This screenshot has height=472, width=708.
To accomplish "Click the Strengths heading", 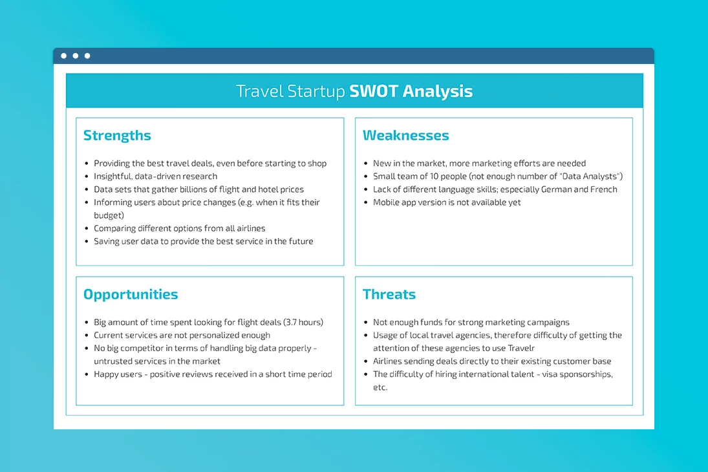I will pos(117,136).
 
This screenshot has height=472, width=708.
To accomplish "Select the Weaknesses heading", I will pos(405,136).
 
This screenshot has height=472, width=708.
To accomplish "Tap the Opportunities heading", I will pos(131,295).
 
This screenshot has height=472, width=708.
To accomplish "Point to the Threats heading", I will pos(389,295).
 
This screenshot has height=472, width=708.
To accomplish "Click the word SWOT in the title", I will pos(374,91).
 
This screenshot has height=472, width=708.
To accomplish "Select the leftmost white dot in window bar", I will pos(63,56).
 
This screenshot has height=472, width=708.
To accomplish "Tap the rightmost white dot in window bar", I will pos(87,56).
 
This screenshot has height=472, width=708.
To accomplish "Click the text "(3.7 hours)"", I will pos(303,322).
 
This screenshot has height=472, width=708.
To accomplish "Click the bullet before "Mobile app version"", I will pos(366,203).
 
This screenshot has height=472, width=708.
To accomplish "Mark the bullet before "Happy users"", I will pos(87,374).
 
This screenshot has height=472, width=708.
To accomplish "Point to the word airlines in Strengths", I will pos(250,228).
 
